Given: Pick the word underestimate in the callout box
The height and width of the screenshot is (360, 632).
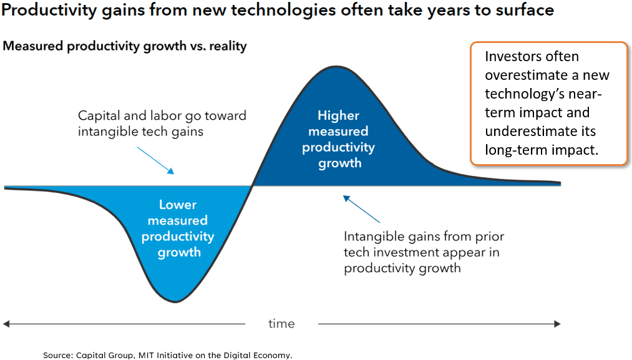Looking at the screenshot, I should click(527, 131).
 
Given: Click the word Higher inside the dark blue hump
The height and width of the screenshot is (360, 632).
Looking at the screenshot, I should click(339, 115).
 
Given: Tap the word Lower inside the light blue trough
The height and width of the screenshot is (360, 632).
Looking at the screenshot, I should click(177, 205).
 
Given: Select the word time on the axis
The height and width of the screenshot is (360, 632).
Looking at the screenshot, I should click(281, 323).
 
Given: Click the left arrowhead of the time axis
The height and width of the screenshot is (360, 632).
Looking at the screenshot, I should click(6, 324).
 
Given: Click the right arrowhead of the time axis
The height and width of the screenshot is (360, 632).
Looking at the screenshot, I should click(557, 324).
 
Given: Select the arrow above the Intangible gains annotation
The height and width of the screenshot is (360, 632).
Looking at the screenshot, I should click(362, 210).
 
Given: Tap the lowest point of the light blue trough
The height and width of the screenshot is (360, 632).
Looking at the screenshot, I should click(177, 302).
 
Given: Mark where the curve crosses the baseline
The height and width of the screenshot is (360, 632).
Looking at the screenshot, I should click(252, 186).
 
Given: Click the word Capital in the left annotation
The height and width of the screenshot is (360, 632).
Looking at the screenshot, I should click(99, 115).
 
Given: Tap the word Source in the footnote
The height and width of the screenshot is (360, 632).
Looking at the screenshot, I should click(57, 355).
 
